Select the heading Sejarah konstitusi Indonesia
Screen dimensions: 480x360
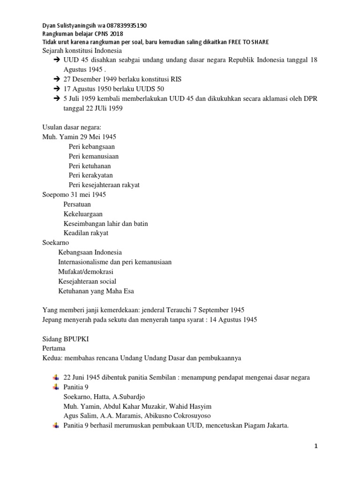tap(82, 51)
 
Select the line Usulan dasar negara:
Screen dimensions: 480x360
tap(68, 127)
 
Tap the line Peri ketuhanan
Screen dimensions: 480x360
tap(90, 166)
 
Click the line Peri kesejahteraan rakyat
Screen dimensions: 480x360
tap(104, 185)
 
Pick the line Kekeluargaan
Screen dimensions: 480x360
tap(83, 214)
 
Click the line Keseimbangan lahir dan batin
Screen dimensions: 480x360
tap(105, 224)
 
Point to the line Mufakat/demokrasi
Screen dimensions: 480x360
tap(85, 272)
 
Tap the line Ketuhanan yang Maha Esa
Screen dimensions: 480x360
tap(96, 291)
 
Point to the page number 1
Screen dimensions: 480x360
tap(316, 447)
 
